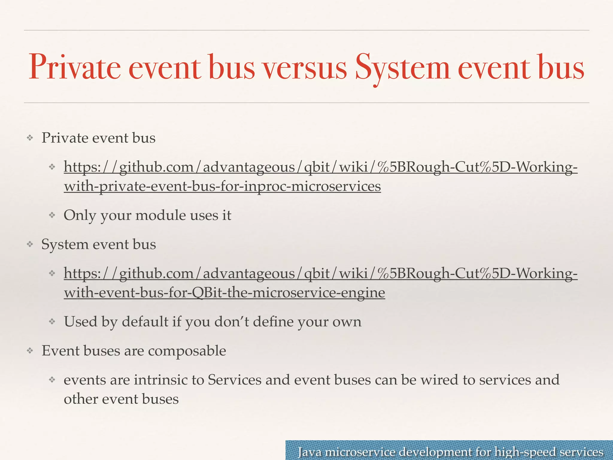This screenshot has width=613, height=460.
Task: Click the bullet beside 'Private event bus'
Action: [30, 138]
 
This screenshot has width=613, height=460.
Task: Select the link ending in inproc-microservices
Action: [222, 186]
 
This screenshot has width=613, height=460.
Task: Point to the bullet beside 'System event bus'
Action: [30, 244]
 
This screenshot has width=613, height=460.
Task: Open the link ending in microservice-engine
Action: [224, 293]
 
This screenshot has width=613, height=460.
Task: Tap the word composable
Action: [187, 351]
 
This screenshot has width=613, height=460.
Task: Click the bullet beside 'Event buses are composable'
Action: [30, 351]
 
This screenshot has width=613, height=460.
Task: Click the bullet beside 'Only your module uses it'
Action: [52, 215]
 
